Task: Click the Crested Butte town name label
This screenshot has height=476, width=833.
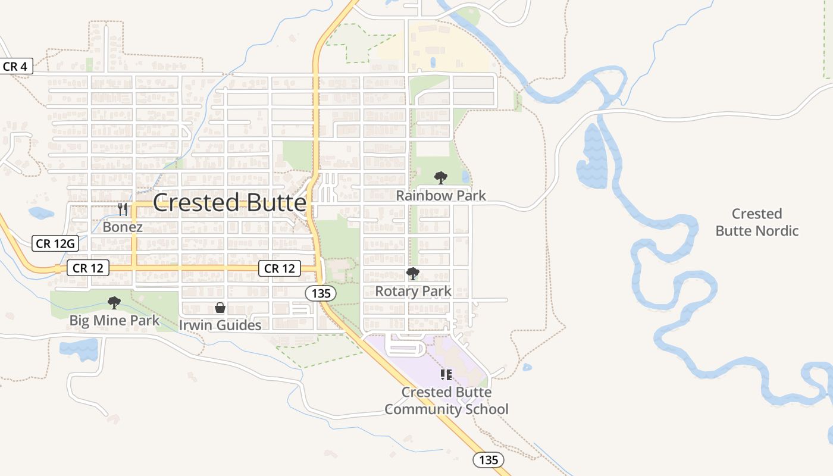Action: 230,203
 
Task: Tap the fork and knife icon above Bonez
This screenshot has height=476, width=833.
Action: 123,209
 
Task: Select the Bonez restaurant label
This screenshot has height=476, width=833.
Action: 123,227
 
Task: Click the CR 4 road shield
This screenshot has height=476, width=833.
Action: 15,66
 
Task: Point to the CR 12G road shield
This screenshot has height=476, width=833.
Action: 55,243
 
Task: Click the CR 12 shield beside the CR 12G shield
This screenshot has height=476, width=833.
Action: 88,268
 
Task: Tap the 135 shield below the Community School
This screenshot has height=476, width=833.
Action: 488,459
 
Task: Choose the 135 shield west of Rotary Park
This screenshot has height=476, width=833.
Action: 321,293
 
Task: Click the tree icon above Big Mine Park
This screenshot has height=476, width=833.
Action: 114,303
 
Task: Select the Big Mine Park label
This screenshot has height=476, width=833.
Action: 114,321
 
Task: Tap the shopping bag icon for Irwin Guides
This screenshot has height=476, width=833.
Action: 220,308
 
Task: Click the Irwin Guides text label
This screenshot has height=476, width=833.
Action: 220,325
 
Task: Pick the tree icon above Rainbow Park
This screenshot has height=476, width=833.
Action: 441,177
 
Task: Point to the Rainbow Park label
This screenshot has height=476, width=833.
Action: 441,195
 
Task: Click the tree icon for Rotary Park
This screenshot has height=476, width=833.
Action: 413,274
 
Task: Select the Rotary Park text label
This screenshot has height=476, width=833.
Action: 413,291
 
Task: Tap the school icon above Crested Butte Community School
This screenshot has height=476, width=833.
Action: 446,374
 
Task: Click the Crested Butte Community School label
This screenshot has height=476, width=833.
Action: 446,400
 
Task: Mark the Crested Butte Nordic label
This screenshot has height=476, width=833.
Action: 757,222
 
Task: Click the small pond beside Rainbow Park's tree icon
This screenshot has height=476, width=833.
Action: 465,177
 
